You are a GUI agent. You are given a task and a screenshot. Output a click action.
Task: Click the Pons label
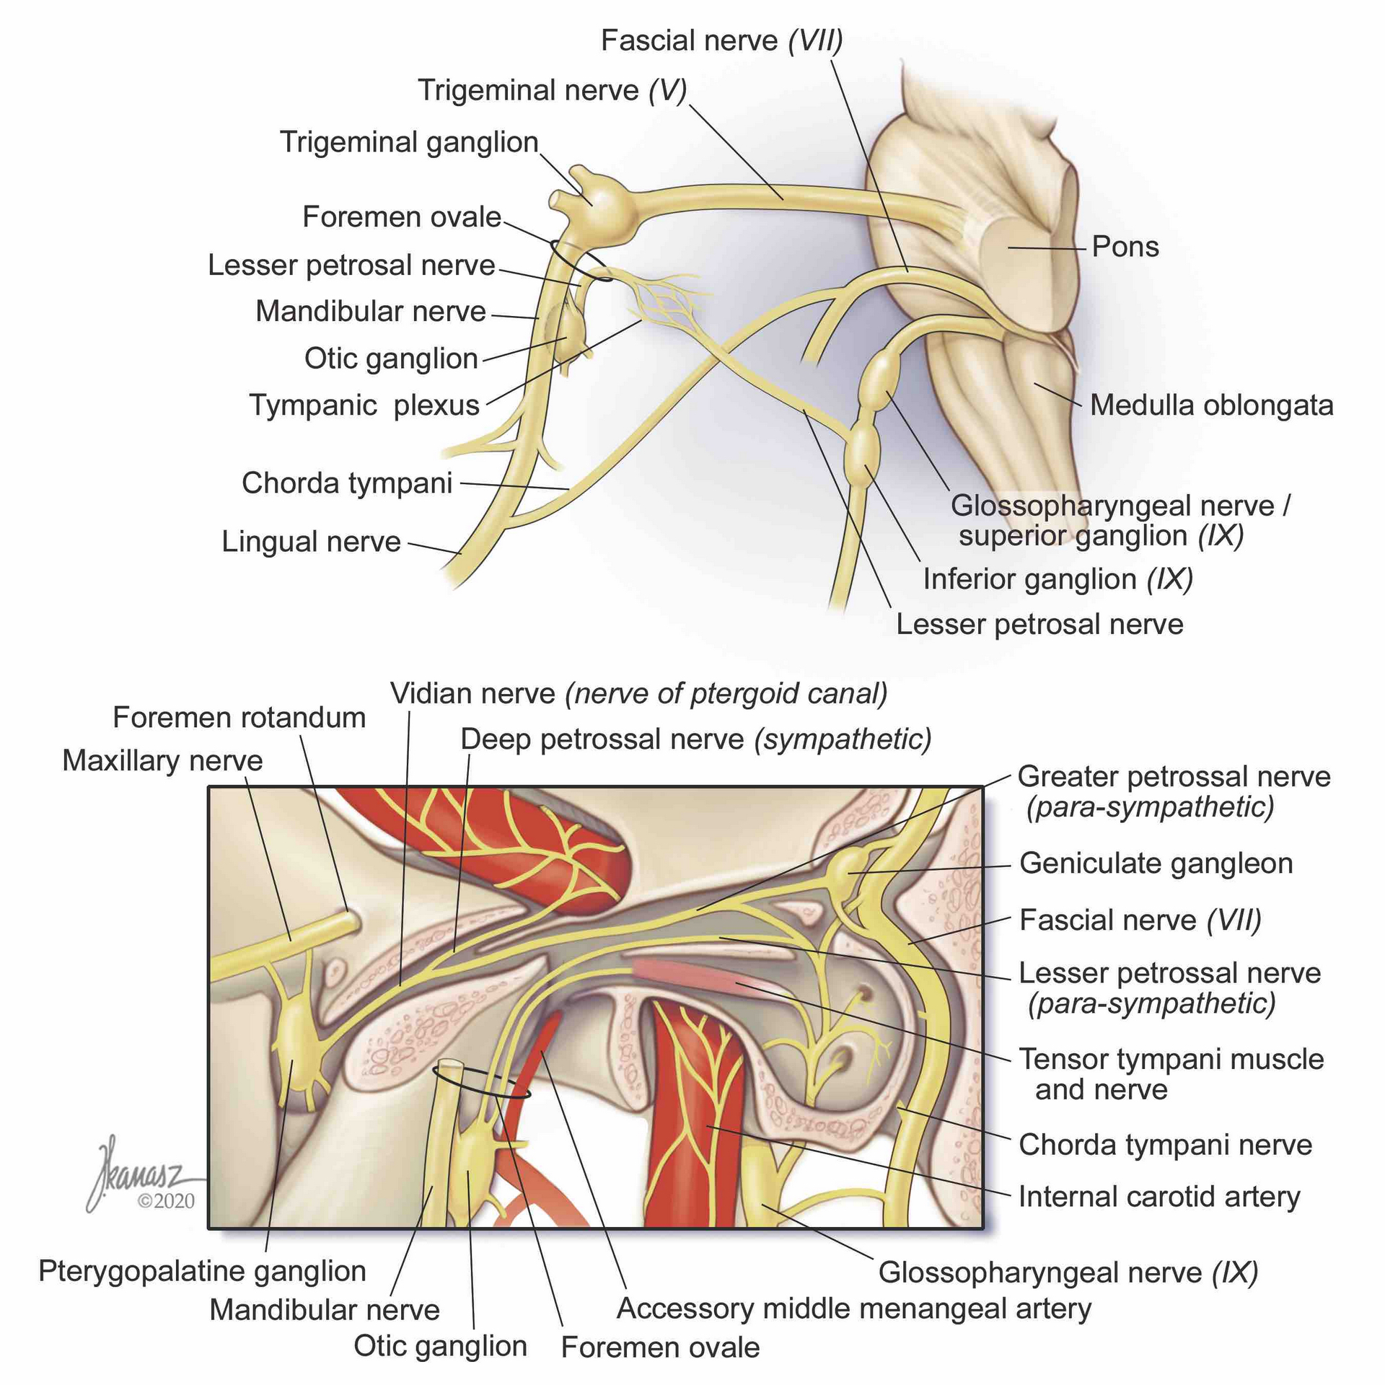[1125, 247]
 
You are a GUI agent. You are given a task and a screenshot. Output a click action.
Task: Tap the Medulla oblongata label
[1211, 405]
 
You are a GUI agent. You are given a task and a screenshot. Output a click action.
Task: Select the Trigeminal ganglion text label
[409, 142]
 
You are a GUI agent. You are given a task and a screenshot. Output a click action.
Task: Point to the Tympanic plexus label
[364, 405]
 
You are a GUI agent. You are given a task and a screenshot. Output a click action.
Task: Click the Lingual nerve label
[311, 542]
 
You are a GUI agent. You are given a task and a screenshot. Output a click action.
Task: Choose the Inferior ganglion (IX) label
[1058, 579]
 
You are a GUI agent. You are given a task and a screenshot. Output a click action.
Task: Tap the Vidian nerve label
[638, 694]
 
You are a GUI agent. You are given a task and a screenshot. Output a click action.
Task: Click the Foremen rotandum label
[239, 718]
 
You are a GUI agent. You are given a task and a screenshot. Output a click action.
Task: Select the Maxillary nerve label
[162, 761]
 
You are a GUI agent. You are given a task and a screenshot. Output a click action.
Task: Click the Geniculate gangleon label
[1156, 863]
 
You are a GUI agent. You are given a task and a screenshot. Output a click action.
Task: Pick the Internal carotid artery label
[1159, 1197]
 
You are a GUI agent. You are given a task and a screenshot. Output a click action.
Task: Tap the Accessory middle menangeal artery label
[854, 1309]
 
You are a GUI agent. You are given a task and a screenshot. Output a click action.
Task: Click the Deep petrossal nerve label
[696, 739]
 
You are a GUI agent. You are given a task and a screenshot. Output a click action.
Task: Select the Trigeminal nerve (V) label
[552, 91]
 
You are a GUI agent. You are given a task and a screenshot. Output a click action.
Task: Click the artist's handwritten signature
[137, 1169]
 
